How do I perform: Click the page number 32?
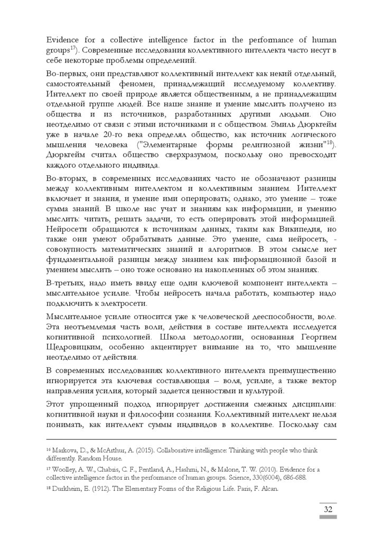[328, 510]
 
